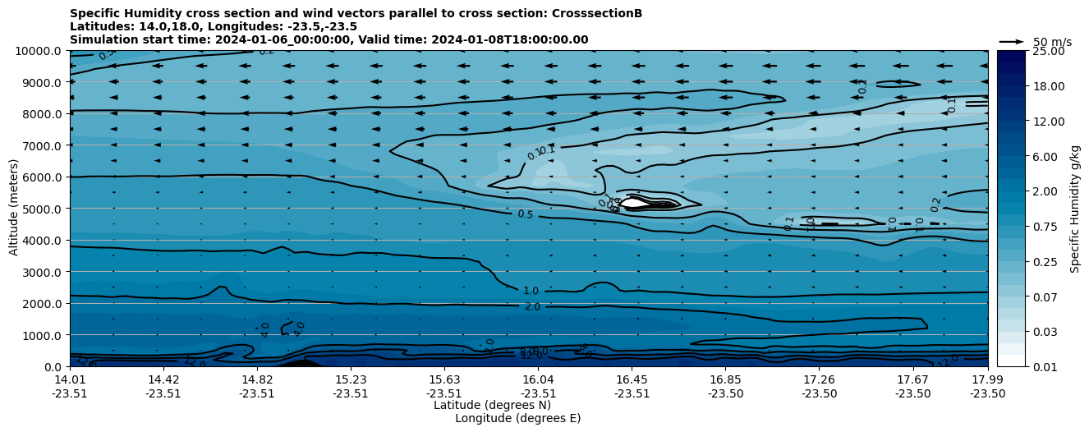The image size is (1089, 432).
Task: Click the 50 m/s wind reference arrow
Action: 1012,42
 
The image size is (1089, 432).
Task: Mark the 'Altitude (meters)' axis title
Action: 14,209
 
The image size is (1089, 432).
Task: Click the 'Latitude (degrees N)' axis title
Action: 492,405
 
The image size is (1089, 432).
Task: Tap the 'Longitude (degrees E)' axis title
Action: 517,418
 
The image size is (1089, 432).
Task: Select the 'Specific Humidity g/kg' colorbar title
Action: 1075,209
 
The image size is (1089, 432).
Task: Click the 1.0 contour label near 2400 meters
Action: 531,292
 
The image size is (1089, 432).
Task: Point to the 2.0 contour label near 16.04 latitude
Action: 532,307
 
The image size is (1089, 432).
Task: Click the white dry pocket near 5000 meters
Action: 634,202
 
